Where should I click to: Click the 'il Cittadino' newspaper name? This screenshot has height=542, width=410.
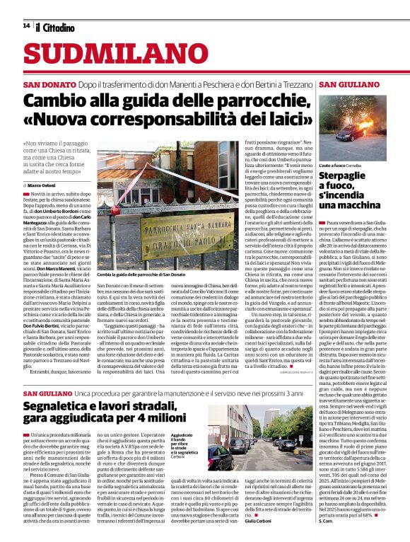[56, 28]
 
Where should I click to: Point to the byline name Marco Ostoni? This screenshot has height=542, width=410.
[52, 185]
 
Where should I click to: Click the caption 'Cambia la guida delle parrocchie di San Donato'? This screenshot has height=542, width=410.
[142, 274]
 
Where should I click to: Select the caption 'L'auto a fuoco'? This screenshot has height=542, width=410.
[336, 165]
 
